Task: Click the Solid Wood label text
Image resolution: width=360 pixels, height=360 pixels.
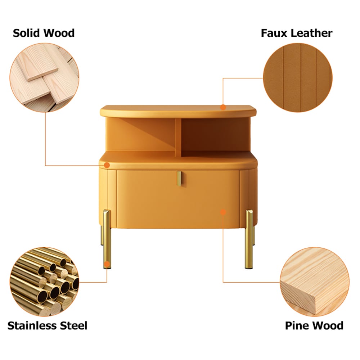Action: (x=44, y=33)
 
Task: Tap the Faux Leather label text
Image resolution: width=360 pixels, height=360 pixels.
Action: (x=297, y=33)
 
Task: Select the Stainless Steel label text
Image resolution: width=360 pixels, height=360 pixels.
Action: (x=47, y=326)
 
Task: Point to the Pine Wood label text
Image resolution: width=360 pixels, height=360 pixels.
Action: (x=314, y=326)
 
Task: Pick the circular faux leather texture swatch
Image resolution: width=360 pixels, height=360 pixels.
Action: (x=298, y=78)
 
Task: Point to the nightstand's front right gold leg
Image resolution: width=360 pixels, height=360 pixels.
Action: (x=249, y=239)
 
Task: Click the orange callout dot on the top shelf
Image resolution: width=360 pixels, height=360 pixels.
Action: (x=223, y=107)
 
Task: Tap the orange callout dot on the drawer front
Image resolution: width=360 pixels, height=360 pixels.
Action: (x=223, y=212)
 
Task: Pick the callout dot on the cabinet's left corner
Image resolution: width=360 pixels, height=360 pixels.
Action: (x=107, y=165)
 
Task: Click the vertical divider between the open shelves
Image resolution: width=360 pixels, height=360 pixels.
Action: (x=178, y=137)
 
